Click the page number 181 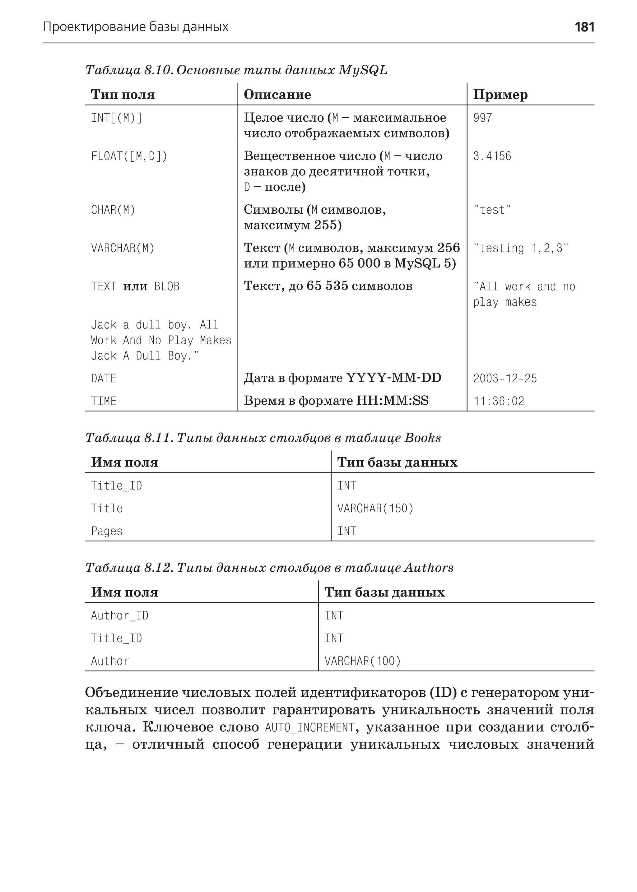pyautogui.click(x=584, y=27)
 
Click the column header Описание pyautogui.click(x=277, y=95)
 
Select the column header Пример pyautogui.click(x=500, y=95)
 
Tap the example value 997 pyautogui.click(x=482, y=118)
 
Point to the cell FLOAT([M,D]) pyautogui.click(x=129, y=156)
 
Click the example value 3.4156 pyautogui.click(x=492, y=156)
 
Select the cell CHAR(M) pyautogui.click(x=113, y=210)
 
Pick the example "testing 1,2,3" pyautogui.click(x=520, y=248)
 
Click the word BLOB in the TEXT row pyautogui.click(x=167, y=287)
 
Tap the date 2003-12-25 pyautogui.click(x=505, y=379)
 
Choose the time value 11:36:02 pyautogui.click(x=499, y=401)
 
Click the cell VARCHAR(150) pyautogui.click(x=375, y=509)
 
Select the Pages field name pyautogui.click(x=107, y=531)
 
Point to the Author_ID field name pyautogui.click(x=120, y=616)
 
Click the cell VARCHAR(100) pyautogui.click(x=362, y=661)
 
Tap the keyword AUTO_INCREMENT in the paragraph pyautogui.click(x=309, y=728)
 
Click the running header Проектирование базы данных pyautogui.click(x=135, y=27)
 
